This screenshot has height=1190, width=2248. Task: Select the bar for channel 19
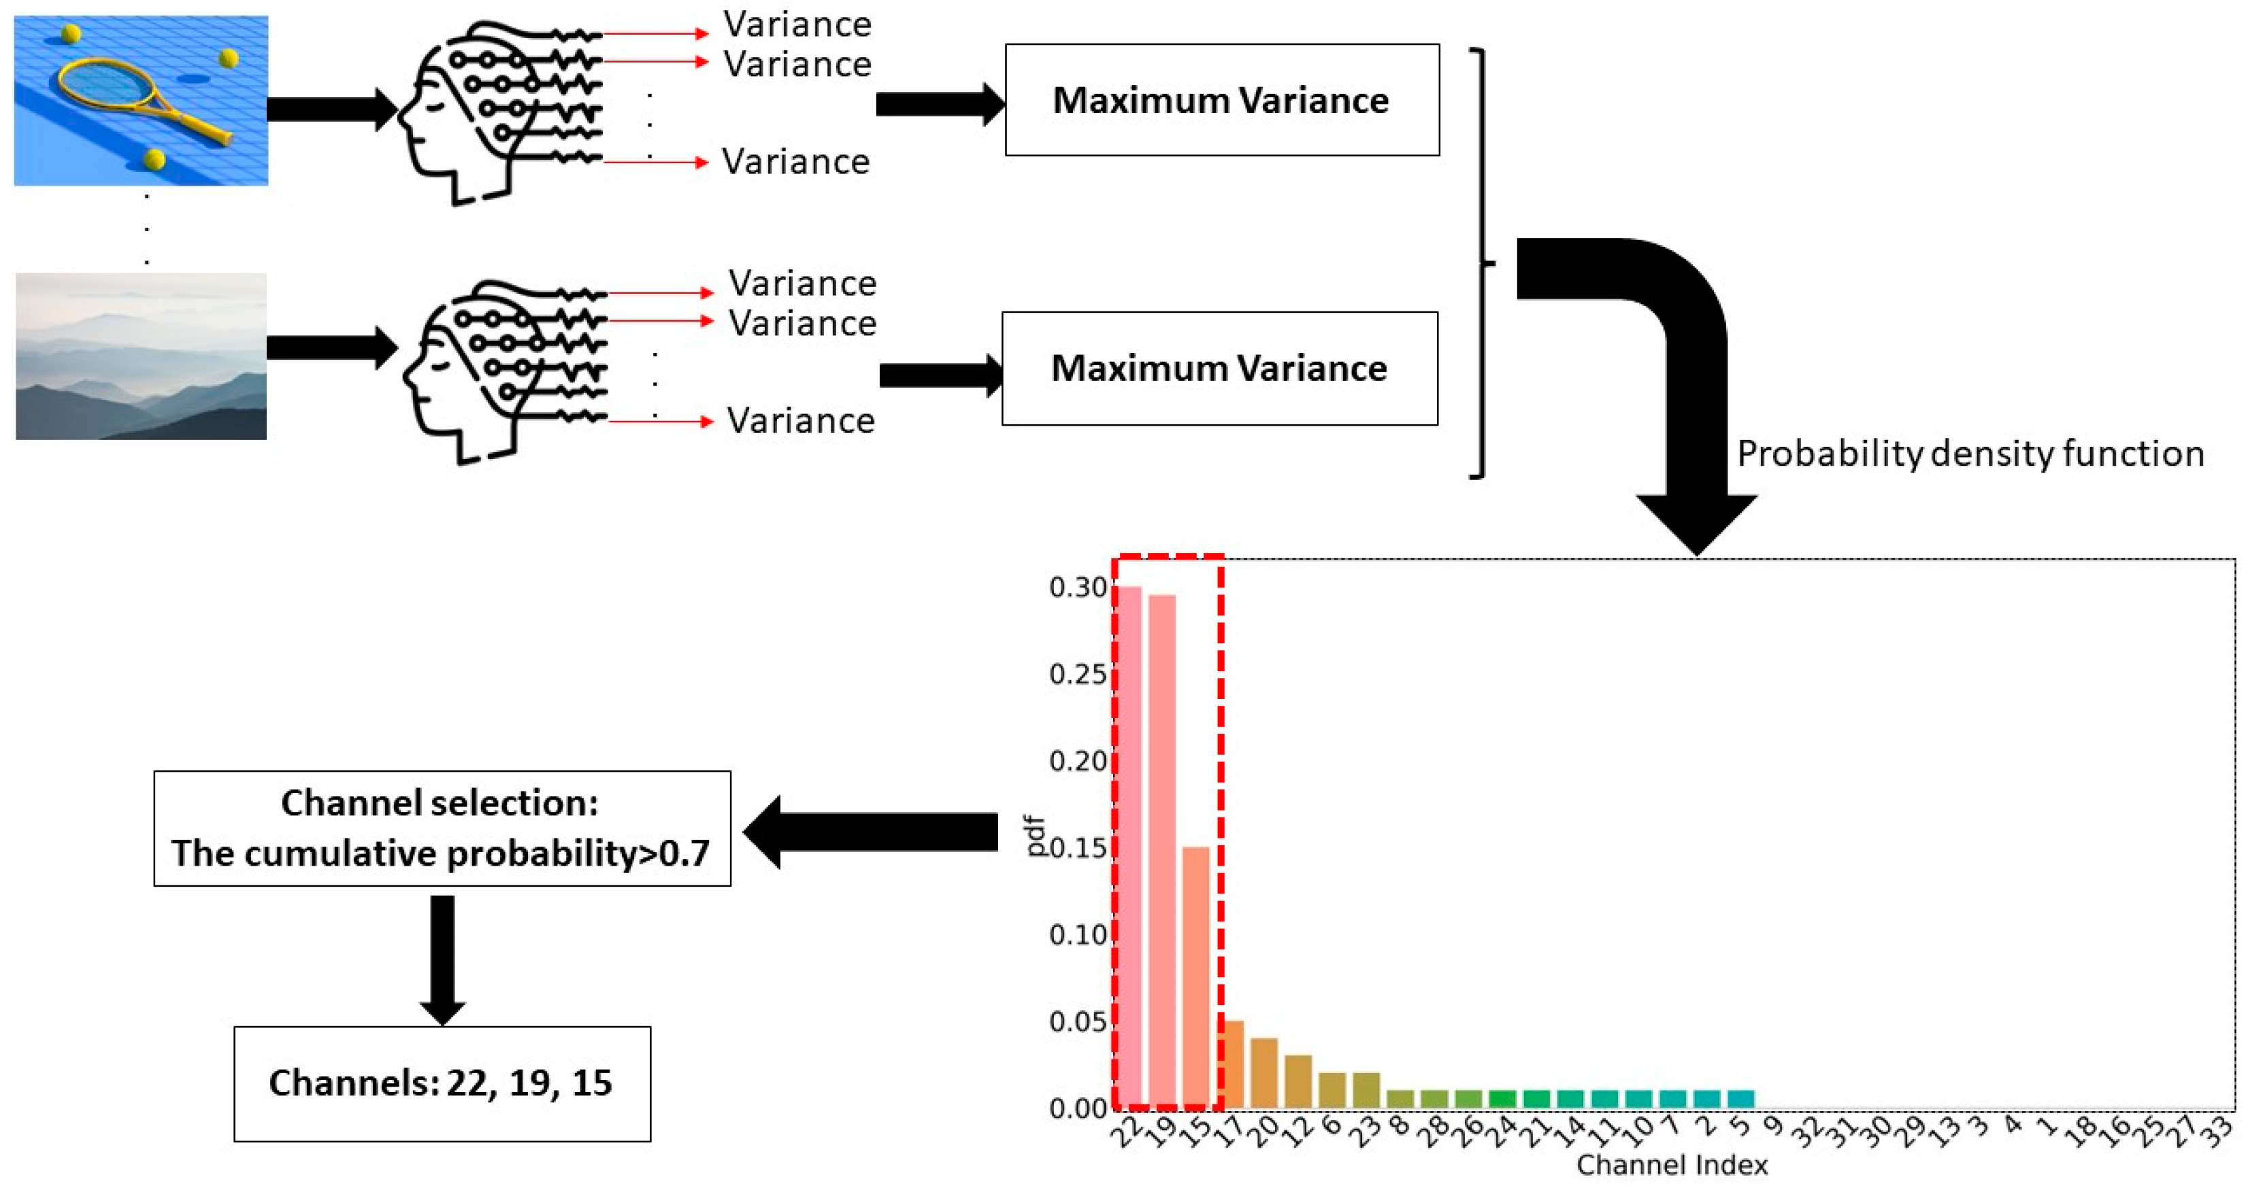click(1162, 851)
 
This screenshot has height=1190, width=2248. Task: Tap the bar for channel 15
click(1196, 976)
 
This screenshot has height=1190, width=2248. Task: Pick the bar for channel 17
click(1230, 1064)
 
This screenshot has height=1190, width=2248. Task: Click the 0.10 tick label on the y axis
click(1078, 935)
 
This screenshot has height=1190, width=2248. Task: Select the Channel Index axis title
click(1672, 1165)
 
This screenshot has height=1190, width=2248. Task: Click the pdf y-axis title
click(1035, 835)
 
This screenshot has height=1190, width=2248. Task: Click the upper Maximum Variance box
click(1222, 101)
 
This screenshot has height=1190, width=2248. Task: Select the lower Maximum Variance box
click(1219, 368)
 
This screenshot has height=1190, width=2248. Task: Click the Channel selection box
click(442, 828)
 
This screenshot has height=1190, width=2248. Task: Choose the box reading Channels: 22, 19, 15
click(442, 1083)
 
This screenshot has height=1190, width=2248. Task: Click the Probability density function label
click(1970, 454)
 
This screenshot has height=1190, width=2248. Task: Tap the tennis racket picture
click(142, 101)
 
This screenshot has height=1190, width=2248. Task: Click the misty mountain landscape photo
click(142, 356)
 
